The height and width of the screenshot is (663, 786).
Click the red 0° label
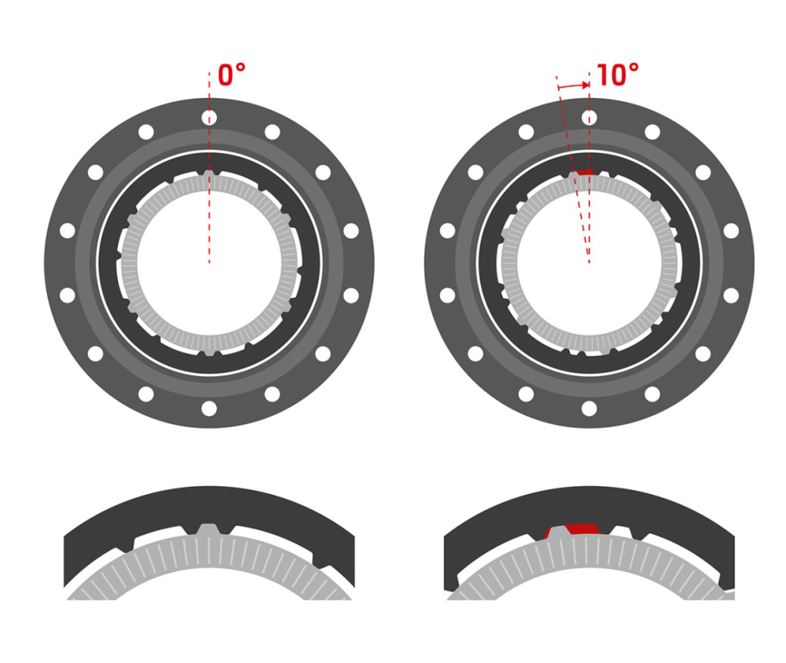[232, 75]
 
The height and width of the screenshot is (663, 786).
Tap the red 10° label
[618, 75]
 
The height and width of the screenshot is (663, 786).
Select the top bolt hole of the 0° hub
[209, 117]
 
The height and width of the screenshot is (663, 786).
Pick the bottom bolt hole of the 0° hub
[209, 408]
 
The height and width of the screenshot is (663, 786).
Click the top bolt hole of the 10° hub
[589, 117]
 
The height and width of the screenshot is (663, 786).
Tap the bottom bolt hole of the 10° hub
[589, 408]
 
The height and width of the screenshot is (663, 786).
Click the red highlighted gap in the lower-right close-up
[582, 528]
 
